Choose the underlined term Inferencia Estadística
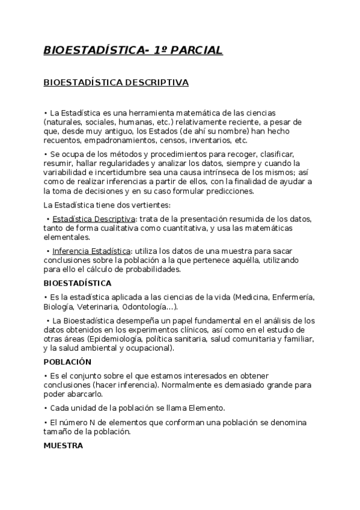tap(91, 251)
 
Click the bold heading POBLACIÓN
tap(67, 362)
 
